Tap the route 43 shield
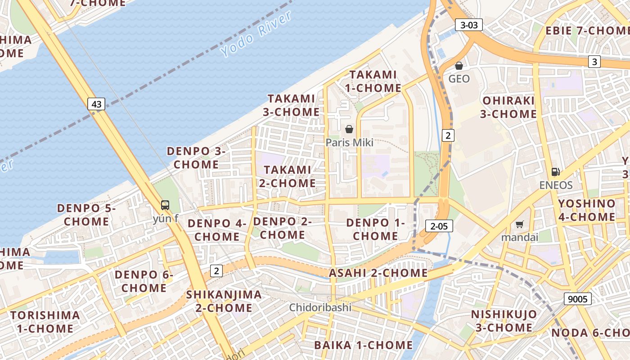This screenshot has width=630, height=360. tap(96, 104)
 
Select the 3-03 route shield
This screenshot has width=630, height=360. tap(469, 25)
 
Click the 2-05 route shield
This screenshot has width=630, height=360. tap(439, 226)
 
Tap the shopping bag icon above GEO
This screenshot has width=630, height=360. tap(459, 66)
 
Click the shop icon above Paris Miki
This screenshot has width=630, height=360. tap(349, 130)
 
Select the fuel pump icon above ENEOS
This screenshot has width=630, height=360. tap(556, 172)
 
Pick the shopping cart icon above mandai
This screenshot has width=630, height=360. tap(520, 224)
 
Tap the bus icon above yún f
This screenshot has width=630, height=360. tap(165, 205)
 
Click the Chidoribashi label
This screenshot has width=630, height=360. tap(320, 308)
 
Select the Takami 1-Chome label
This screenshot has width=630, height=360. tap(373, 81)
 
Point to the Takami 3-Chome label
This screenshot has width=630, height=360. tap(291, 105)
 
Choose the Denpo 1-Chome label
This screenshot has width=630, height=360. tap(375, 229)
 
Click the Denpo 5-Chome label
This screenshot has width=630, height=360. tap(86, 215)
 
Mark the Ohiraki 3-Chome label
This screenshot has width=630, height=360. tap(508, 107)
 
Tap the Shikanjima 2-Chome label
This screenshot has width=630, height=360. tap(224, 301)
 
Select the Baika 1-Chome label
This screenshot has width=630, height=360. tap(363, 345)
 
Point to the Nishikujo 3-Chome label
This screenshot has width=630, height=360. tap(504, 320)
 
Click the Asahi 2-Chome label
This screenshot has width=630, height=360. tap(378, 273)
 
